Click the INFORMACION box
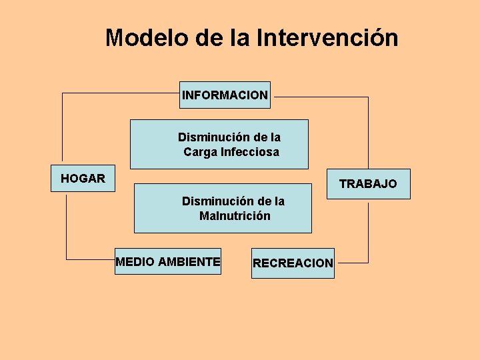click(x=225, y=95)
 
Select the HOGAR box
click(x=83, y=179)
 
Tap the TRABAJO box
click(x=368, y=183)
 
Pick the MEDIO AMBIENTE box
click(x=167, y=262)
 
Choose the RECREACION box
click(x=293, y=263)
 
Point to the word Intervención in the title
click(x=327, y=37)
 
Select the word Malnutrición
click(x=235, y=215)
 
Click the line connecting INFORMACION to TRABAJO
click(x=368, y=133)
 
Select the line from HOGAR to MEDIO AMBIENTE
click(x=67, y=227)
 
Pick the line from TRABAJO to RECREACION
click(x=368, y=233)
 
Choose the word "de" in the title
click(x=209, y=37)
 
